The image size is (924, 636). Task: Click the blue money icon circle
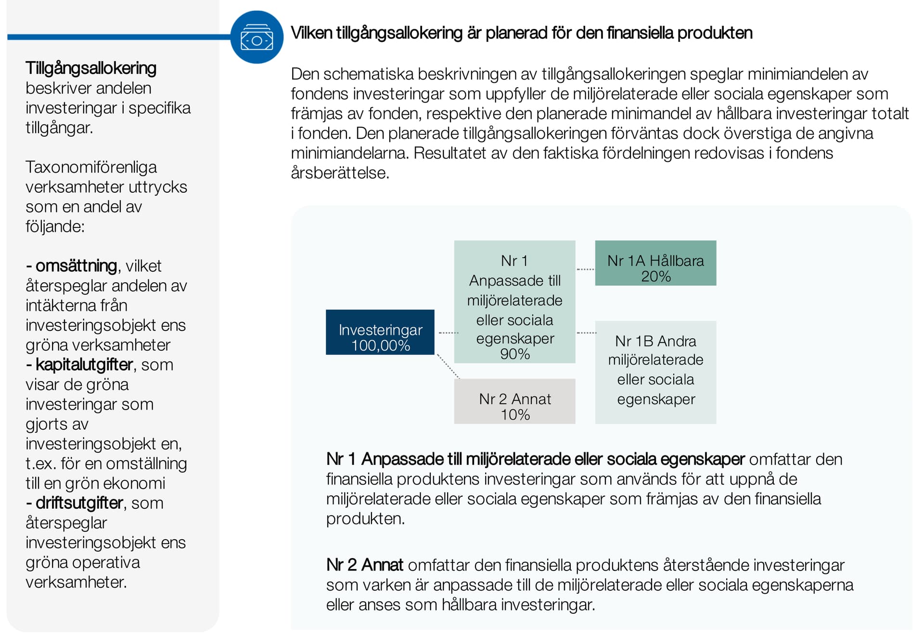point(257,37)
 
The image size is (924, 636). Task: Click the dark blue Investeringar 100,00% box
point(380,332)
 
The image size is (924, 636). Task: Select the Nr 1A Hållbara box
point(655,263)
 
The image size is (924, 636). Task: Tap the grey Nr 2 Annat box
point(514,401)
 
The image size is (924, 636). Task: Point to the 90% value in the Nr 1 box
point(515,354)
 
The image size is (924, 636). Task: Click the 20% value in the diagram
point(655,277)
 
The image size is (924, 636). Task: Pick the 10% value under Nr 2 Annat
point(515,415)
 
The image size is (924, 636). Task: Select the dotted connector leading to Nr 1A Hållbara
point(585,269)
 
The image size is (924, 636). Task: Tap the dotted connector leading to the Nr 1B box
point(586,333)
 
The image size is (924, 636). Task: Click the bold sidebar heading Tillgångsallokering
point(91,68)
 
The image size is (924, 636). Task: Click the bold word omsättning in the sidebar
point(76,266)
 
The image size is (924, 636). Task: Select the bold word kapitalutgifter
point(84,365)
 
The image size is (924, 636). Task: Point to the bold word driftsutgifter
point(79,503)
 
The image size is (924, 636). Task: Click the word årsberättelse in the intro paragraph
point(340,172)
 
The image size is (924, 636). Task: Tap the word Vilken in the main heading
point(311,33)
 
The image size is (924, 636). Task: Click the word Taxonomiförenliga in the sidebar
point(91,167)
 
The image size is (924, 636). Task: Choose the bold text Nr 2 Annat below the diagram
point(364,565)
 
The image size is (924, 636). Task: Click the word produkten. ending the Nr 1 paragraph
point(365,518)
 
